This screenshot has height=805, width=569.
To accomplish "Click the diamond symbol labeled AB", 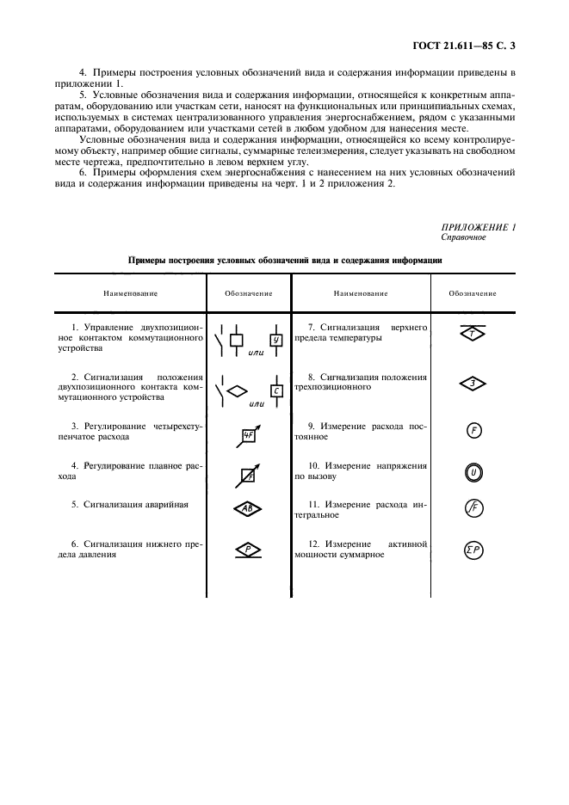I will pos(248,509).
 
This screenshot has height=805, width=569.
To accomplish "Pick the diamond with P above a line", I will pos(248,549).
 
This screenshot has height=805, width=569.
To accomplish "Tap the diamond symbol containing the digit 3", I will pos(473,384).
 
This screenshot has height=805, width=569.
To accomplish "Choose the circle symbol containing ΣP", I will pos(473,551).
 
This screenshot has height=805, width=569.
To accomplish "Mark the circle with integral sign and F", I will pos(473,509).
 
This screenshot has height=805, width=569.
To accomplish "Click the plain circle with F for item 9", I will pos(473,431).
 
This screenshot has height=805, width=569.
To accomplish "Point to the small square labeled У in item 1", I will pos(276,340).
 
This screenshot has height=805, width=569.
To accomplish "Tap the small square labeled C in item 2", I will pos(276,391).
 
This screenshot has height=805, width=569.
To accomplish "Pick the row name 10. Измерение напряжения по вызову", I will pos(361,470).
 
